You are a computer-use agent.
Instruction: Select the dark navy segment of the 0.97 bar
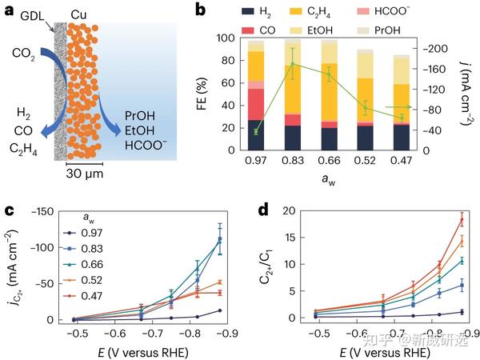[x=257, y=134]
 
